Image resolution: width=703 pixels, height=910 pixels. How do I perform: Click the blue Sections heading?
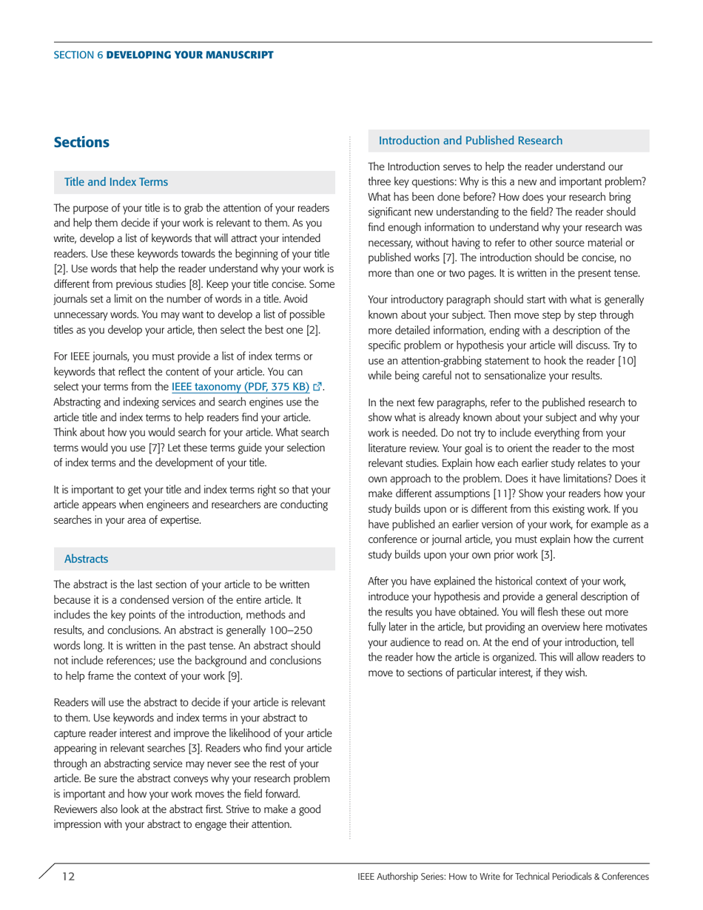coord(81,142)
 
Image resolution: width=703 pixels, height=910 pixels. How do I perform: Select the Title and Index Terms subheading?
coord(116,182)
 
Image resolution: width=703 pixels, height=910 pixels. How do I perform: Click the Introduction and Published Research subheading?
coord(470,141)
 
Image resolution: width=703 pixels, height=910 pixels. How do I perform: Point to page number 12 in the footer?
coord(68,877)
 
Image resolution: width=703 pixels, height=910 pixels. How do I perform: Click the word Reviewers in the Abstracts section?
coord(76,809)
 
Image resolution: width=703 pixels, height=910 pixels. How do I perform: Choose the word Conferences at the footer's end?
coord(624,877)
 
